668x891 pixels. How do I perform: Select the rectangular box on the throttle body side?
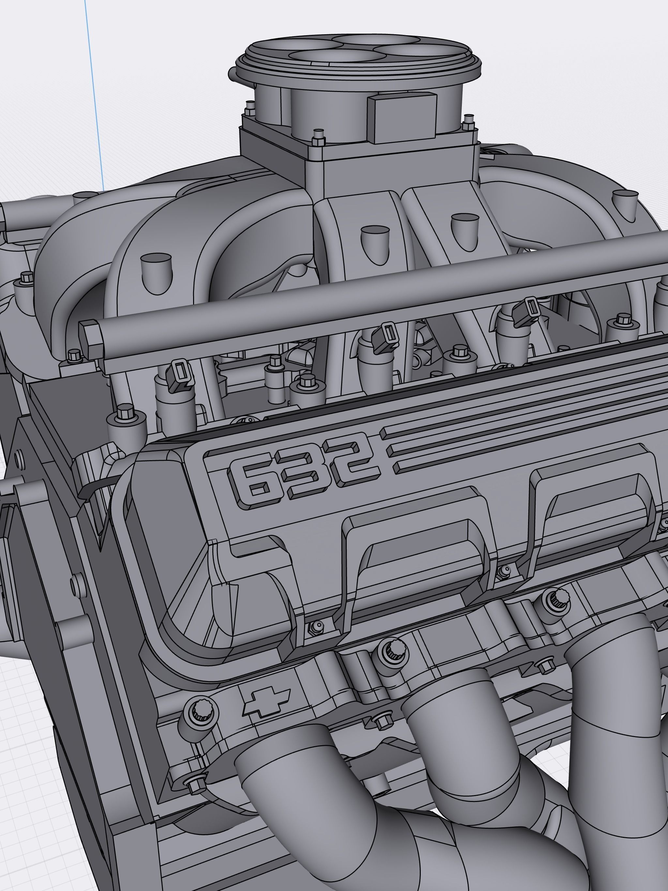pyautogui.click(x=402, y=117)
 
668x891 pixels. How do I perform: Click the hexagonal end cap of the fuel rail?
pyautogui.click(x=91, y=336)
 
